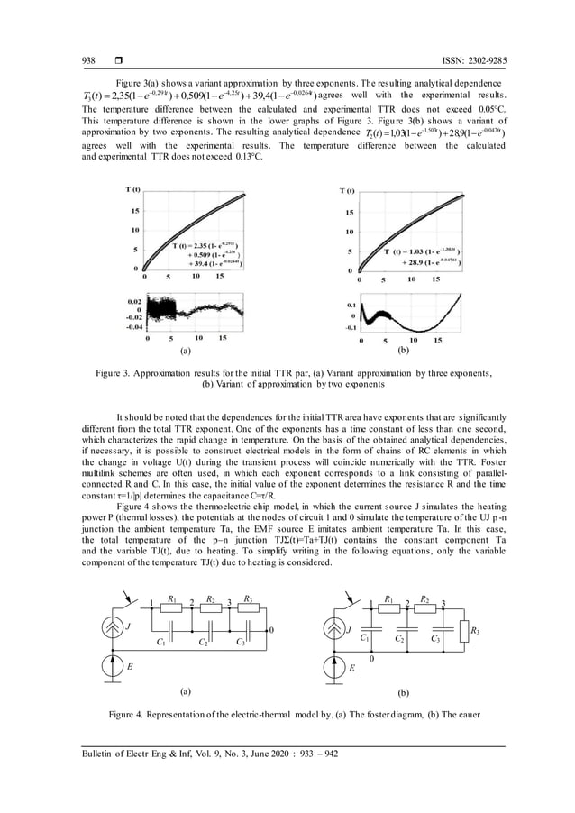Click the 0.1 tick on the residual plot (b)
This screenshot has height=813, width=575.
(351, 306)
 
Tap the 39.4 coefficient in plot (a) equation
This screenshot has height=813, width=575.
(196, 262)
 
